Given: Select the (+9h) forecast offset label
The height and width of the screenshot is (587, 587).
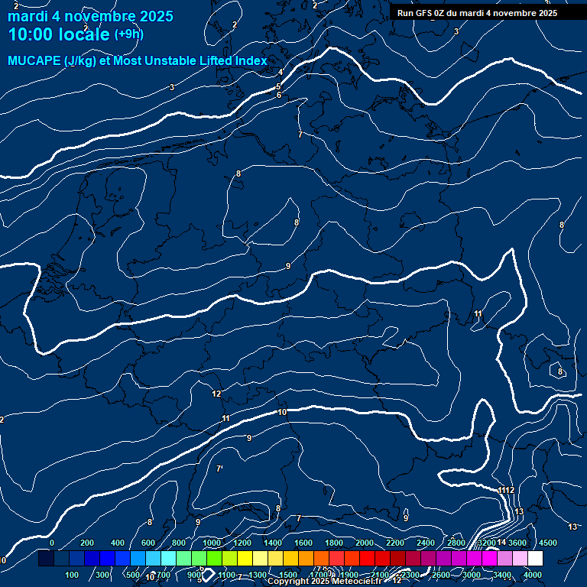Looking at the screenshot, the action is (x=128, y=34).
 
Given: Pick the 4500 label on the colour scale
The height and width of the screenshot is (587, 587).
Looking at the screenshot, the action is (x=548, y=543).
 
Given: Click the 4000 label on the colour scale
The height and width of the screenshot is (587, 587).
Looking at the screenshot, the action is (x=533, y=575).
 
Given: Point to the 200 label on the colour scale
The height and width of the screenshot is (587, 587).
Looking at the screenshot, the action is (x=87, y=543).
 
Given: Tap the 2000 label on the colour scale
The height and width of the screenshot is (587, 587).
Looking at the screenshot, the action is (x=364, y=543).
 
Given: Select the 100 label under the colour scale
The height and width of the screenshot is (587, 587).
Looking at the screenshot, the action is (x=73, y=575).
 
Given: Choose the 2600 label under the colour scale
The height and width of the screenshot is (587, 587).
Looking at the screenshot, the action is (x=441, y=575).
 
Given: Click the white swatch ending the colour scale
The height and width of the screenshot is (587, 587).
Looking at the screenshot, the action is (x=535, y=559).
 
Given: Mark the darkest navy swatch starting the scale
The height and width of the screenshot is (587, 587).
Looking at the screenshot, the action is (x=46, y=559).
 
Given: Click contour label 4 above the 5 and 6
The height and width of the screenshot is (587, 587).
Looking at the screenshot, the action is (x=281, y=73).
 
